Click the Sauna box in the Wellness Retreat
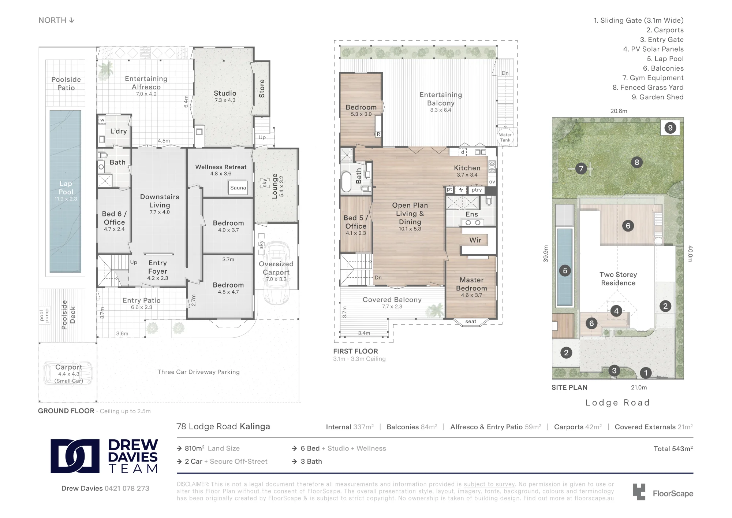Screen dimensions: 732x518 (238, 188)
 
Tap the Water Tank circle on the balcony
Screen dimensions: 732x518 (505, 137)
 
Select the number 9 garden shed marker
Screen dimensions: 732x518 (670, 128)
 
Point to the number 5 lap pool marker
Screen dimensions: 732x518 (565, 271)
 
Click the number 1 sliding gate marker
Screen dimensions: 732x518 (646, 373)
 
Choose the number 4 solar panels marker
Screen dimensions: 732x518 (616, 311)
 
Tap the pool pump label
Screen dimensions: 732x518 (44, 315)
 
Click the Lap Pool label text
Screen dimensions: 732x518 (66, 188)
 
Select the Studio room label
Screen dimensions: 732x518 (225, 93)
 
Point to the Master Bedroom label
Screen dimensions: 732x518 (471, 284)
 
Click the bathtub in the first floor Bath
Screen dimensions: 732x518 (346, 182)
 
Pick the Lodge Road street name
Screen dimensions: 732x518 (617, 403)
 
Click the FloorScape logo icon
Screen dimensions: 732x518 (639, 492)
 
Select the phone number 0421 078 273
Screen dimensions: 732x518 (127, 488)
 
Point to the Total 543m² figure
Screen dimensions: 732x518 (673, 449)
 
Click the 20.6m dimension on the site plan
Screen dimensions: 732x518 (619, 111)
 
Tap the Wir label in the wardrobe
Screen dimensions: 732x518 (475, 240)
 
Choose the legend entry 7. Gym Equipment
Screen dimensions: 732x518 (653, 78)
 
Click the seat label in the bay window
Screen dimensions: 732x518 (471, 322)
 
